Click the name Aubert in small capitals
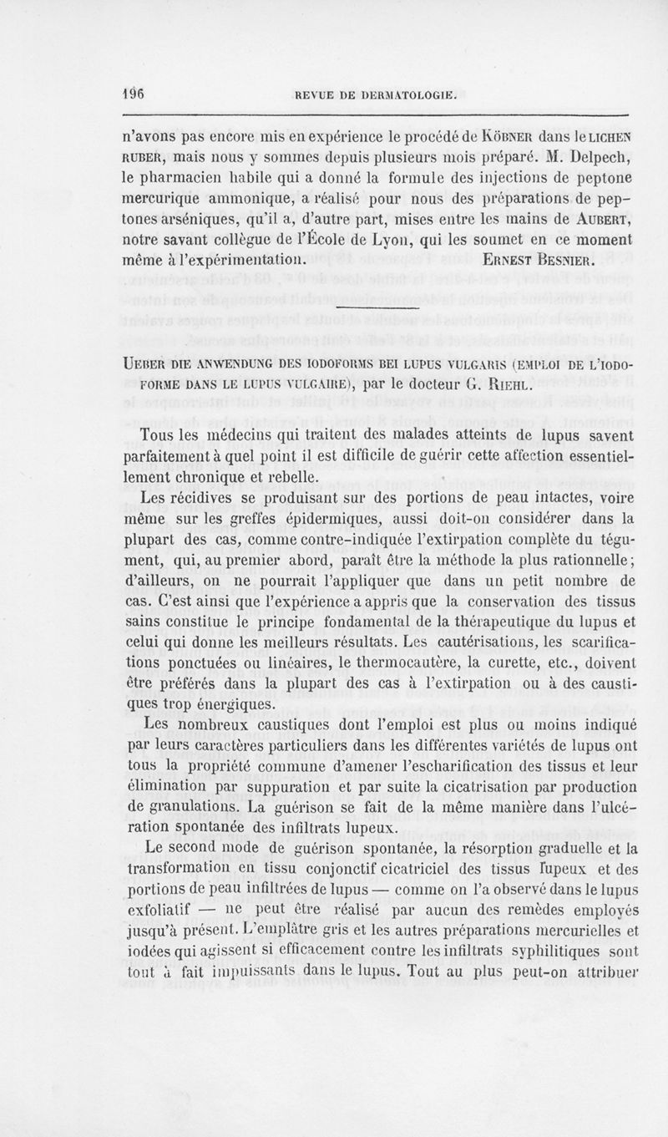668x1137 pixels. pos(605,219)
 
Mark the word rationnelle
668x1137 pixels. pos(590,561)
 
